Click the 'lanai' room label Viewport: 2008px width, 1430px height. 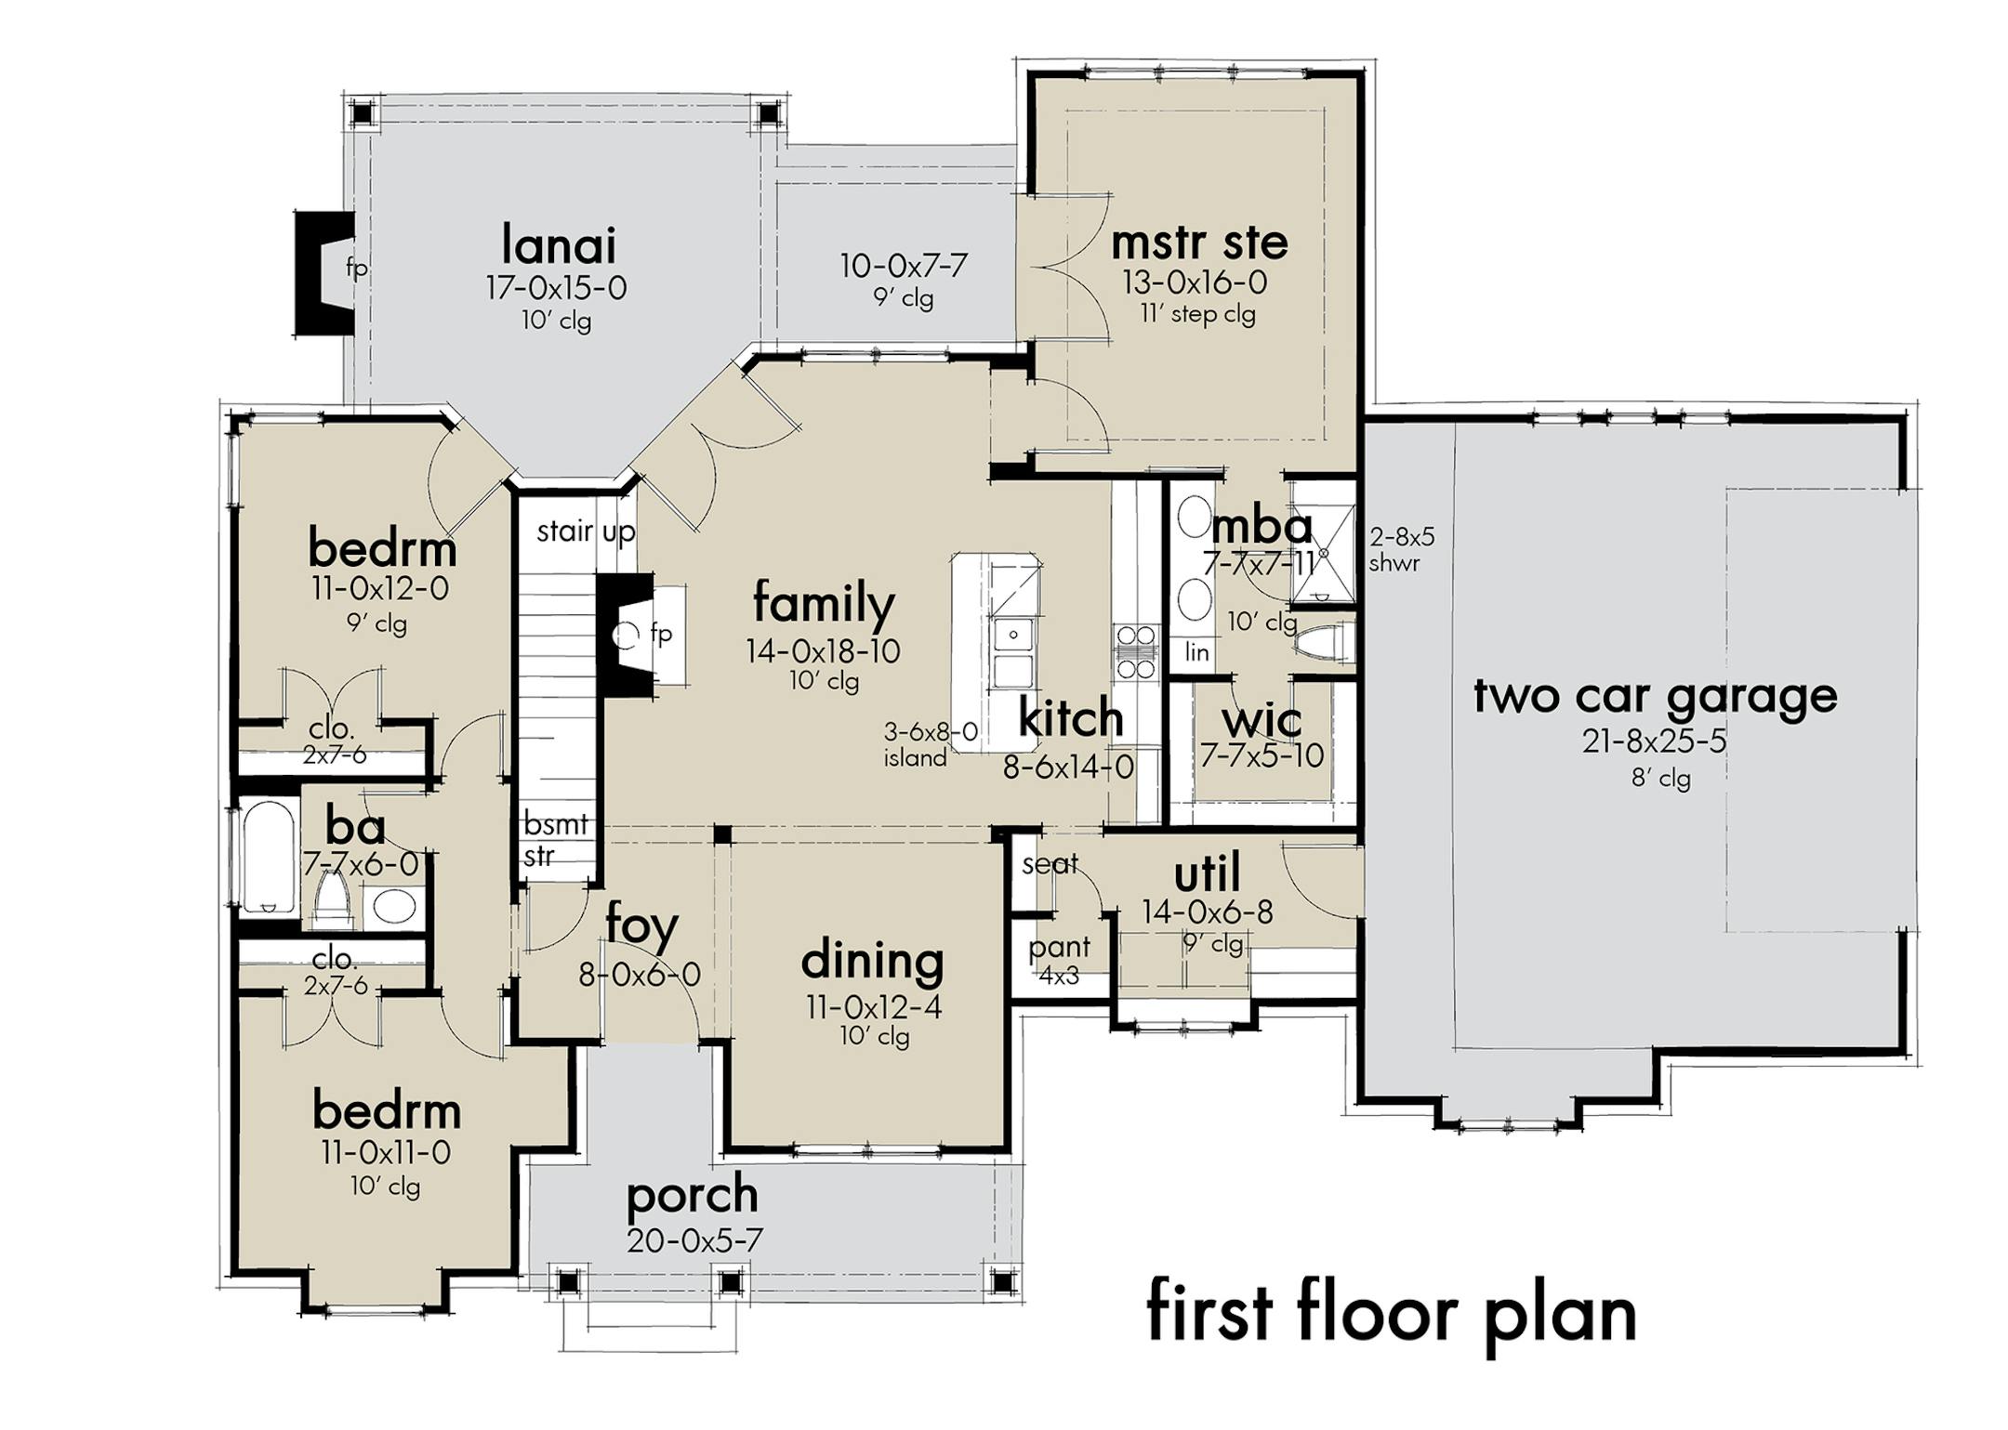pos(559,246)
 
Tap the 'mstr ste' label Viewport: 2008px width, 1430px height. pos(1199,243)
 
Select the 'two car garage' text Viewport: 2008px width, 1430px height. pos(1656,697)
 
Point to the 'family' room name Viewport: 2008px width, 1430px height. pos(824,604)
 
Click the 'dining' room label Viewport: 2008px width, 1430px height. pos(872,961)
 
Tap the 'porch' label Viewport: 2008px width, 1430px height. pos(693,1196)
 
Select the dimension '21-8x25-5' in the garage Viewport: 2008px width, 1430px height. pos(1655,741)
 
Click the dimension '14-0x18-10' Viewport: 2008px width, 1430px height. pos(823,651)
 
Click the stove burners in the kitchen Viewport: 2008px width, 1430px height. pos(1136,652)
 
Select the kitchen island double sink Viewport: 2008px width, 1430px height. pos(1013,653)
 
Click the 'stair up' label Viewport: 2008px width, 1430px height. pos(586,531)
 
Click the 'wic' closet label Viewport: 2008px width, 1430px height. pos(1262,721)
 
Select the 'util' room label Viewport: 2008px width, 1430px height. pos(1207,874)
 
